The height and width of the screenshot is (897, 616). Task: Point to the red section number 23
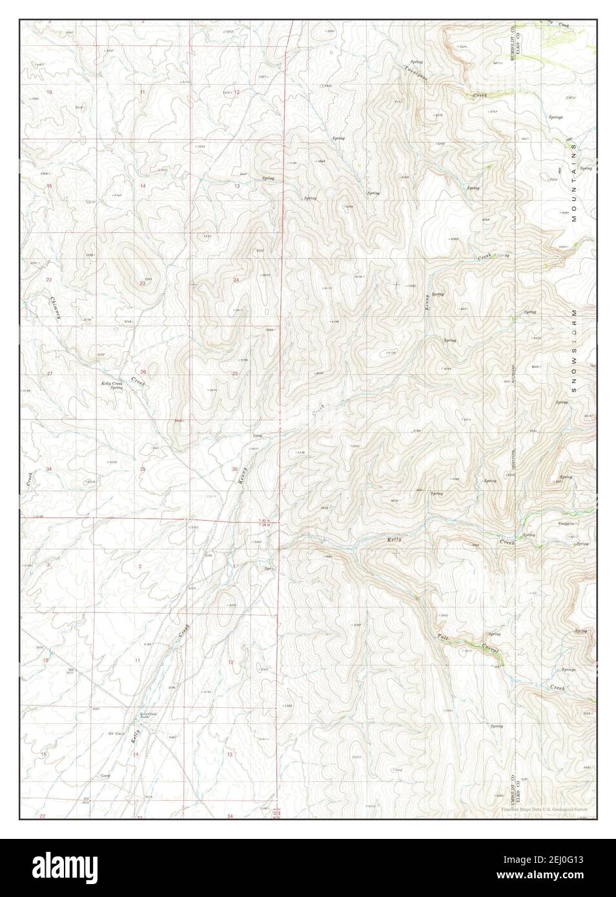[142, 283]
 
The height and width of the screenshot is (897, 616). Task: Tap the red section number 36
[234, 469]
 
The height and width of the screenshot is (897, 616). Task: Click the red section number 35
[142, 469]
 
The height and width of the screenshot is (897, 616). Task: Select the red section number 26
[143, 372]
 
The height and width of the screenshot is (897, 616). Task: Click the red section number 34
[49, 469]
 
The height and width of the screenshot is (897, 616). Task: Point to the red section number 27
[49, 374]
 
